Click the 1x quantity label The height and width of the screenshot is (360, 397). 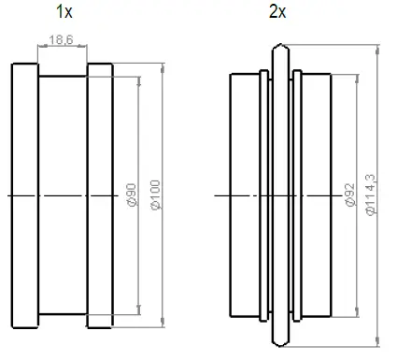(x=63, y=13)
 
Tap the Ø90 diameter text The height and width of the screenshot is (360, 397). (x=132, y=194)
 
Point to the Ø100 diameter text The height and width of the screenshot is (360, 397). (x=155, y=194)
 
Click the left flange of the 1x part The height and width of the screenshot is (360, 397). (x=25, y=194)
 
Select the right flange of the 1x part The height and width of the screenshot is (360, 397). (x=101, y=194)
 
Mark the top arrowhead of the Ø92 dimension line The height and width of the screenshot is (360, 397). (x=356, y=75)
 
